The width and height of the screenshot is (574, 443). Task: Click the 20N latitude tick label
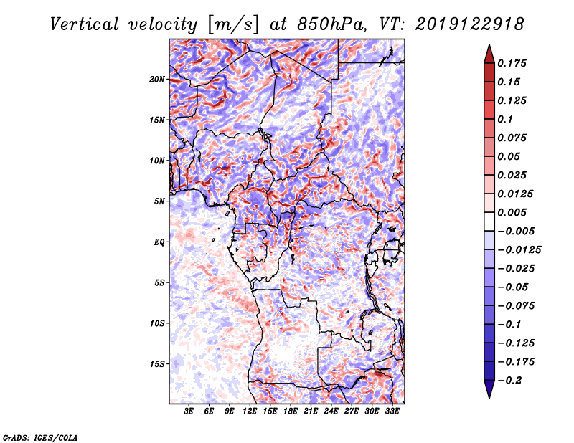tap(157, 79)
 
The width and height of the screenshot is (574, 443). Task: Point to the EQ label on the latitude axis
tap(159, 242)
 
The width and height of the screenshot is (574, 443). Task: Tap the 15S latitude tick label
tap(157, 363)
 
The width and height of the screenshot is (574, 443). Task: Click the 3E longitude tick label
tap(189, 411)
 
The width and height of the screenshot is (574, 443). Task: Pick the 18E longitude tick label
tap(291, 411)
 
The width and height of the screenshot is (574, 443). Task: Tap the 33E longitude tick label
tap(392, 411)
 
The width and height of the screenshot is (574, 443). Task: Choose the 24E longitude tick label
tap(331, 411)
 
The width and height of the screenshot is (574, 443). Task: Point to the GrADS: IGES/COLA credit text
tap(40, 437)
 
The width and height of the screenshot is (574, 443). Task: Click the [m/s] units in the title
tap(233, 24)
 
